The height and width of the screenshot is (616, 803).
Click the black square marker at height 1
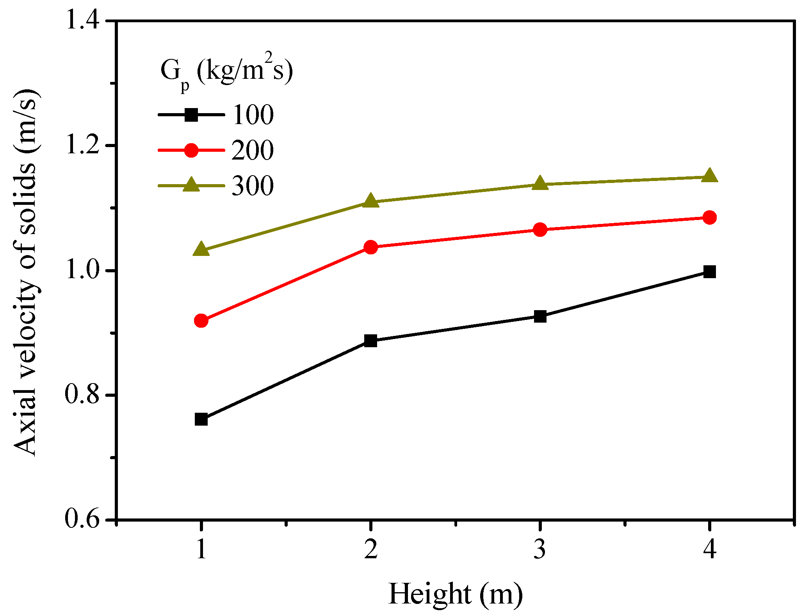tap(201, 419)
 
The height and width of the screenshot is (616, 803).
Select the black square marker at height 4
tap(709, 272)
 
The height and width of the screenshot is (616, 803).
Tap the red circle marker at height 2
tap(370, 247)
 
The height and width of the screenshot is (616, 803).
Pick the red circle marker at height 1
tap(201, 321)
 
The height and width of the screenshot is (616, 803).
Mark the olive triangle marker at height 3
tap(540, 183)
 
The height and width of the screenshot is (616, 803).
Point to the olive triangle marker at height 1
tap(201, 249)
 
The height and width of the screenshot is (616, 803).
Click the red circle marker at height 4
tap(709, 217)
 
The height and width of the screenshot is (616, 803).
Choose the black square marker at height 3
tap(540, 316)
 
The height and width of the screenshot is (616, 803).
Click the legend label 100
tap(253, 115)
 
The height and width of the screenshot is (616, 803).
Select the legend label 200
tap(253, 150)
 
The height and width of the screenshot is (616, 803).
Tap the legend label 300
tap(253, 186)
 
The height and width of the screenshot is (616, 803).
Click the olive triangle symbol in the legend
tap(191, 185)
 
